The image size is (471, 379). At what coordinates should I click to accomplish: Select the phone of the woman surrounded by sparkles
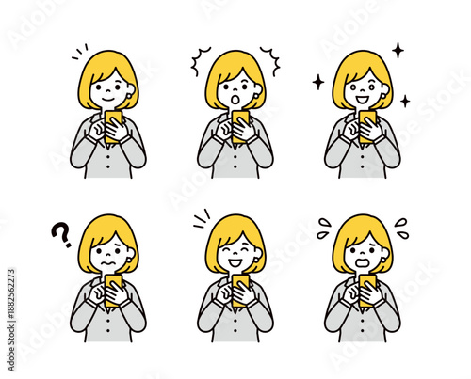click(367, 119)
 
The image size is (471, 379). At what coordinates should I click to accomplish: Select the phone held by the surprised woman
click(240, 119)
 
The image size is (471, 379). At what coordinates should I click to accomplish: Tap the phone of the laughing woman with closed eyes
click(240, 283)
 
